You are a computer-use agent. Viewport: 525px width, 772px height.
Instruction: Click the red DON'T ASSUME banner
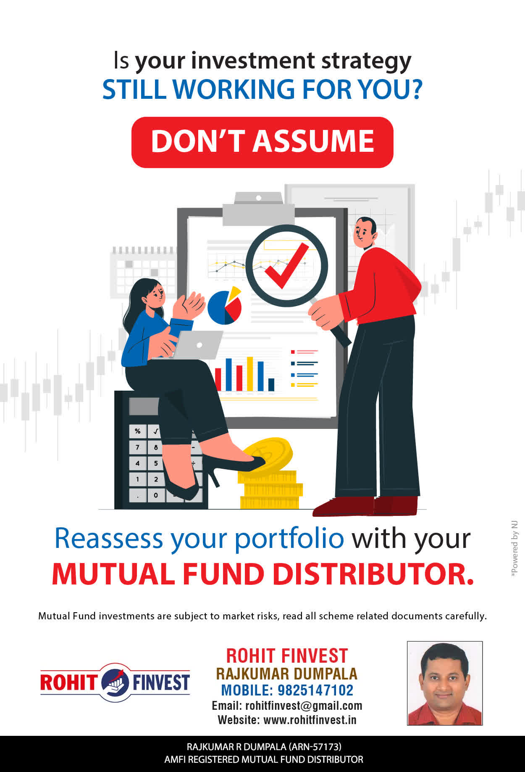[262, 142]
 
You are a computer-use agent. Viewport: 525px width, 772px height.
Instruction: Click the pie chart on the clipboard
[225, 306]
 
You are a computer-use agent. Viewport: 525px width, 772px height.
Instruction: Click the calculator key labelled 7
[137, 447]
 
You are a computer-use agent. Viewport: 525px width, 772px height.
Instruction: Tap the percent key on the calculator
[137, 431]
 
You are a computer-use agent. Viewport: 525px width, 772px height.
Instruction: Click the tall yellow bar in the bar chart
[250, 374]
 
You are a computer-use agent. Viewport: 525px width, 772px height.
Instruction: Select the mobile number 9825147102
[315, 690]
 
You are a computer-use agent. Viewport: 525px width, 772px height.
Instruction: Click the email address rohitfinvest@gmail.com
[304, 706]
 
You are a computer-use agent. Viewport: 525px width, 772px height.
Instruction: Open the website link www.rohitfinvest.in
[310, 720]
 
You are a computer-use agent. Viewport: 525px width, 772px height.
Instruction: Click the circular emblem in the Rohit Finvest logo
[115, 682]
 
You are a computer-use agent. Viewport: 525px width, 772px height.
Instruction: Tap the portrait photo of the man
[445, 683]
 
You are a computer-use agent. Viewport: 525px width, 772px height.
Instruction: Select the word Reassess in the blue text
[109, 538]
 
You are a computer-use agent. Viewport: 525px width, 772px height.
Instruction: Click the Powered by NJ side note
[514, 549]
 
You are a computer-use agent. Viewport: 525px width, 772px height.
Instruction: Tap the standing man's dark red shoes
[365, 506]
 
